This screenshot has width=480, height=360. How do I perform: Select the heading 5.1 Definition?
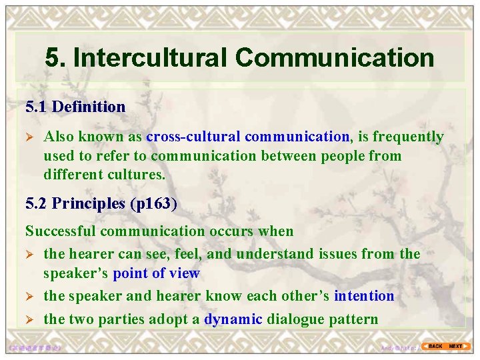point(75,107)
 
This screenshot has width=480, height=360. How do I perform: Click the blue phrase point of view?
point(156,273)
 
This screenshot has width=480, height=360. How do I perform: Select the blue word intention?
point(364,295)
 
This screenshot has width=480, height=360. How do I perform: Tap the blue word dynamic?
point(233,319)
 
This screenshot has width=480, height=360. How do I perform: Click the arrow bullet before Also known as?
point(29,137)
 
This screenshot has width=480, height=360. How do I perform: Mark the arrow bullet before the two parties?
point(29,319)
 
